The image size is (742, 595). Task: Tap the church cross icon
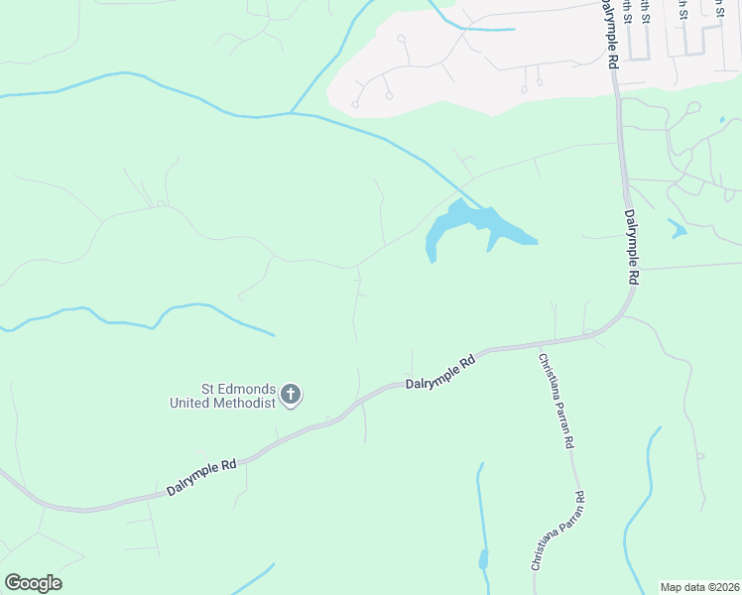tap(292, 396)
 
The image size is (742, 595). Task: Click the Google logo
tap(33, 583)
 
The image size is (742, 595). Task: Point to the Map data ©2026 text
tap(698, 586)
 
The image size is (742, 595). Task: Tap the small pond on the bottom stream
tap(483, 559)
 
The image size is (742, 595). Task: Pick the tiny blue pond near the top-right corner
tap(722, 120)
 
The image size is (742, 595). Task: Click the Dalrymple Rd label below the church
tap(201, 477)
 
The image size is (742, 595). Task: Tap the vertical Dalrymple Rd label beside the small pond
tap(631, 248)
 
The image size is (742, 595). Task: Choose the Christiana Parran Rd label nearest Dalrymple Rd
tap(557, 400)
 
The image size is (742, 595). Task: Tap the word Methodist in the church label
tap(249, 403)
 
